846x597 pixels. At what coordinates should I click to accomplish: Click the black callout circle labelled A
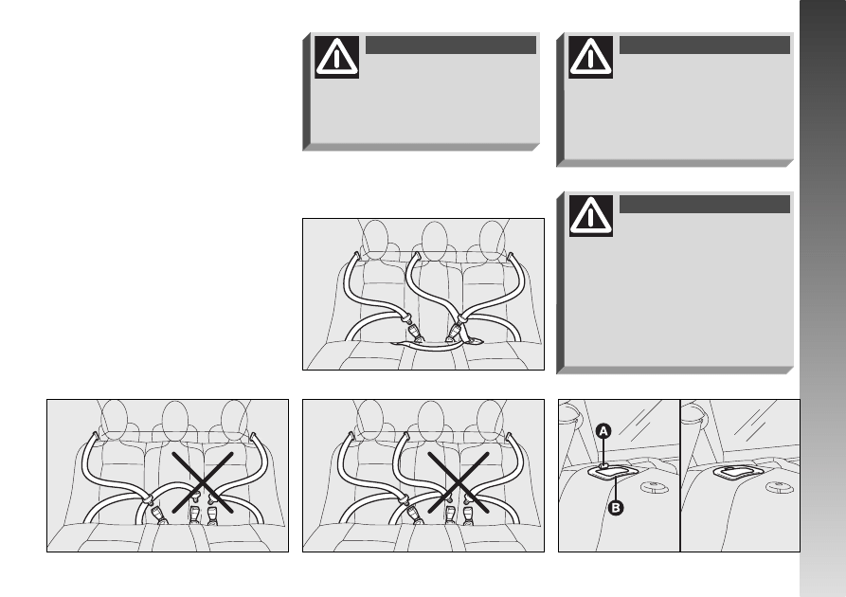603,431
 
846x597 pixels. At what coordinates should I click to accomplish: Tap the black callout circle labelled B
615,508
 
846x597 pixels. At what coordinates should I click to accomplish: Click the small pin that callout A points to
603,464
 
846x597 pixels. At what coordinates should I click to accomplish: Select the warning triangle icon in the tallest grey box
591,215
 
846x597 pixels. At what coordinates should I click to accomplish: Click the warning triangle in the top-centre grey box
336,57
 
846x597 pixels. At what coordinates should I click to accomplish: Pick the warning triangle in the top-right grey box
590,57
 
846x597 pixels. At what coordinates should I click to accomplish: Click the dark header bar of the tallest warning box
704,204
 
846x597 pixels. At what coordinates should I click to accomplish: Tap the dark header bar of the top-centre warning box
451,45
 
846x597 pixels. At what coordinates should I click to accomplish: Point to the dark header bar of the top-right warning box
704,45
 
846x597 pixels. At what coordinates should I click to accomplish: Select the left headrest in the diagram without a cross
374,240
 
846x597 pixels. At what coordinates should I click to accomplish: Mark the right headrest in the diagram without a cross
492,241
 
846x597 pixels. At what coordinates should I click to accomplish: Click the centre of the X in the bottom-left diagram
203,482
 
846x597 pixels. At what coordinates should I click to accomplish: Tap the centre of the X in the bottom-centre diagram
459,482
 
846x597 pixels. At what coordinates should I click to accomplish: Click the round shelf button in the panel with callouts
654,487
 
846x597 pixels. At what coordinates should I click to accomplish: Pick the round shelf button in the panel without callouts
780,487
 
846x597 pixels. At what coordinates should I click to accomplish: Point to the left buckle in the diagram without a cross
414,333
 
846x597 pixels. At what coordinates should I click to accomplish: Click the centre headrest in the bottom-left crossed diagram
175,422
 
